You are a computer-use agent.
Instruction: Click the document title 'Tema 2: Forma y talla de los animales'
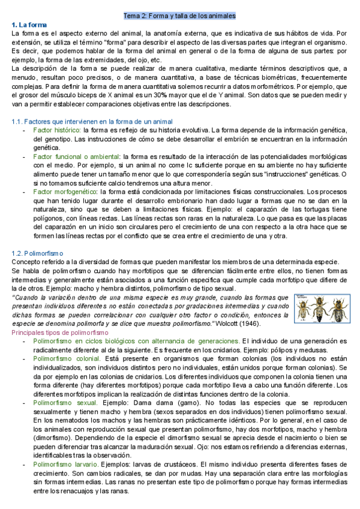(x=179, y=16)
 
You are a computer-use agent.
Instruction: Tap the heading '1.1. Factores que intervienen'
(x=83, y=122)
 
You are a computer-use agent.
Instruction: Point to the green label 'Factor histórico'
(x=57, y=130)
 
